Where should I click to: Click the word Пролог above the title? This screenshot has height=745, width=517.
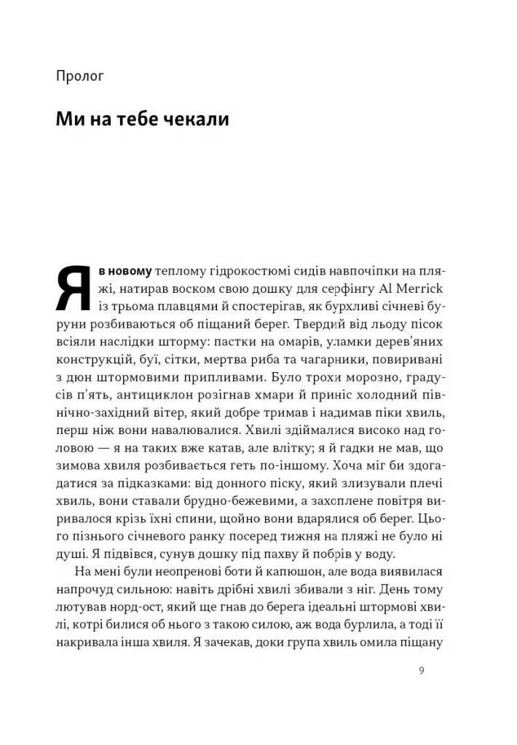[x=79, y=74]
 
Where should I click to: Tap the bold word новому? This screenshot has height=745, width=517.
[x=129, y=271]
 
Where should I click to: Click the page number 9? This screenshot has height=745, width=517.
[x=422, y=671]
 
